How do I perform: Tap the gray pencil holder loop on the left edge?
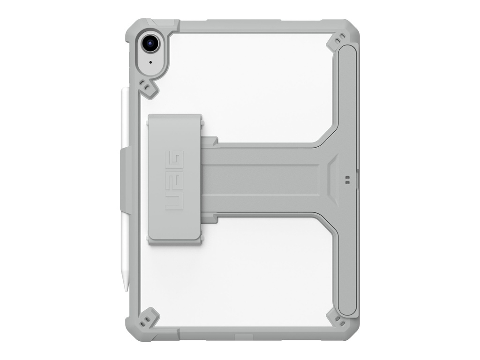click(x=127, y=180)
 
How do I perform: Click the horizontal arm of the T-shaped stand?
click(x=267, y=180)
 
